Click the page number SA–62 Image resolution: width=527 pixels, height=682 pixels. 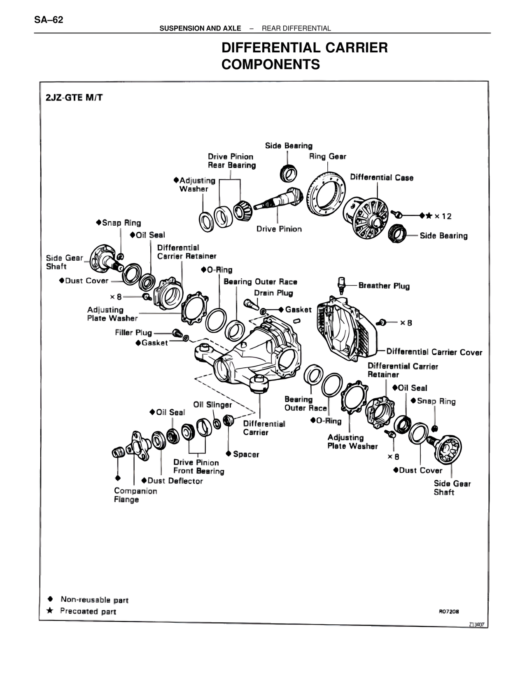[49, 20]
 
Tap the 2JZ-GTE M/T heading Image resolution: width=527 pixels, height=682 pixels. [74, 98]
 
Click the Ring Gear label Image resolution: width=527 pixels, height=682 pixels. [327, 156]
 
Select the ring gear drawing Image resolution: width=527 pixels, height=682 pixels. [325, 194]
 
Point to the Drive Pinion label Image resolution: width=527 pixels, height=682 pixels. [279, 229]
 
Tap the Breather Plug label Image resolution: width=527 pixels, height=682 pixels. [384, 285]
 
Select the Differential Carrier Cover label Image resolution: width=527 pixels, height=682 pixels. [434, 352]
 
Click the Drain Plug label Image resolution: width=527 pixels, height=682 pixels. [273, 293]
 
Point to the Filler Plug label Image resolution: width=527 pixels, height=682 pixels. [133, 332]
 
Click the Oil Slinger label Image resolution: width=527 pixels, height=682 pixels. [212, 405]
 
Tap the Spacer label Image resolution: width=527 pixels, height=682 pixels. [246, 454]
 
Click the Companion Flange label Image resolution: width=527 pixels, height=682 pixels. [135, 495]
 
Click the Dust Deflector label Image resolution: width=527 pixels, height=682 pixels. [175, 481]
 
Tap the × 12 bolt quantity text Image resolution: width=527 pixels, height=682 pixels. [443, 216]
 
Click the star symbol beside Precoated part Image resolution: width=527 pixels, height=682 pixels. [50, 610]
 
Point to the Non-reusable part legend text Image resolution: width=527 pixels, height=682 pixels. [94, 600]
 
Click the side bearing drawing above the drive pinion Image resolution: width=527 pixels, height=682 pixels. [289, 173]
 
